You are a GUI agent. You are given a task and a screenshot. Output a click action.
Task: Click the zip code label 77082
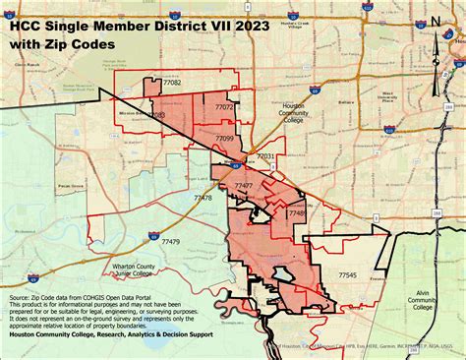point(172,86)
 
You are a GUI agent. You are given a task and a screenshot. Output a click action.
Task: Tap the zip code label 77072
point(224,107)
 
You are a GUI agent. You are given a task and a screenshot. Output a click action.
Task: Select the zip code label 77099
point(224,139)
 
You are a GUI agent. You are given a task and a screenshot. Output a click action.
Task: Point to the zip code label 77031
point(265,156)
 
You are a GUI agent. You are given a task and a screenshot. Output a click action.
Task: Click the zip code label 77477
point(245,186)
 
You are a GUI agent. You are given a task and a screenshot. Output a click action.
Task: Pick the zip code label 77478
point(204,199)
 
